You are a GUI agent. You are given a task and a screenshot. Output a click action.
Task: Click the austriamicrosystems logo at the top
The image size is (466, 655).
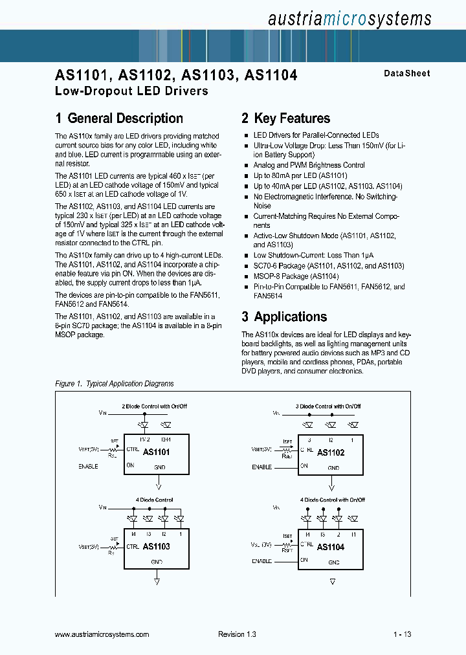click(x=349, y=19)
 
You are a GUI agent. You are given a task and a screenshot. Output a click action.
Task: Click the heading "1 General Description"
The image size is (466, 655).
click(x=119, y=118)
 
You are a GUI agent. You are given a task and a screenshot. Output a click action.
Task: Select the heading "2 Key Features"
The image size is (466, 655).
click(x=285, y=118)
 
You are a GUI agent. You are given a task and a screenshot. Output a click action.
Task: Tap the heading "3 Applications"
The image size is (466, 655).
click(x=284, y=316)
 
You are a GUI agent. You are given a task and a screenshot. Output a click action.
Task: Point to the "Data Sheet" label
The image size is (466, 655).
click(x=406, y=74)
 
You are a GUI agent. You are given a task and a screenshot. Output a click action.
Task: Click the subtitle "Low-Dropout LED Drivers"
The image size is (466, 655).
click(x=131, y=91)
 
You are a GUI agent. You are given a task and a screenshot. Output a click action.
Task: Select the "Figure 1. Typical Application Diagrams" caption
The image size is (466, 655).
click(x=115, y=384)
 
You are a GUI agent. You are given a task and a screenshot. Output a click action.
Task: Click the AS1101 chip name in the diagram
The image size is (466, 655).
click(x=156, y=452)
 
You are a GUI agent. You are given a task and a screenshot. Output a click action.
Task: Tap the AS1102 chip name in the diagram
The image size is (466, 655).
click(x=330, y=452)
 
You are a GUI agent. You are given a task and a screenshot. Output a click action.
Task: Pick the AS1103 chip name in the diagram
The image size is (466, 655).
click(x=156, y=546)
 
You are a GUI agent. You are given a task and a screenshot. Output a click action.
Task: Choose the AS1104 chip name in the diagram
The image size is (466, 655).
click(x=330, y=547)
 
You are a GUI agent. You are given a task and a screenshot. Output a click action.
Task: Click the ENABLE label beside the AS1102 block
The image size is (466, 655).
click(x=261, y=467)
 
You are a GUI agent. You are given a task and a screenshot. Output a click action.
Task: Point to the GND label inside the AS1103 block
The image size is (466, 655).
click(x=157, y=562)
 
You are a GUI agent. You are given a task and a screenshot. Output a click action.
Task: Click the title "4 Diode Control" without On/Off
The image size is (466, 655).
click(x=154, y=500)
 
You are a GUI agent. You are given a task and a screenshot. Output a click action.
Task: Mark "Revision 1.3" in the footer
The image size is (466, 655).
click(x=237, y=634)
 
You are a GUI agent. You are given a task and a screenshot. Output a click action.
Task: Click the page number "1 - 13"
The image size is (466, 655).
click(x=402, y=634)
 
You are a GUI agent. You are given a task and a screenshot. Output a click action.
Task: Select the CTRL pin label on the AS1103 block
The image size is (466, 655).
click(x=133, y=546)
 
